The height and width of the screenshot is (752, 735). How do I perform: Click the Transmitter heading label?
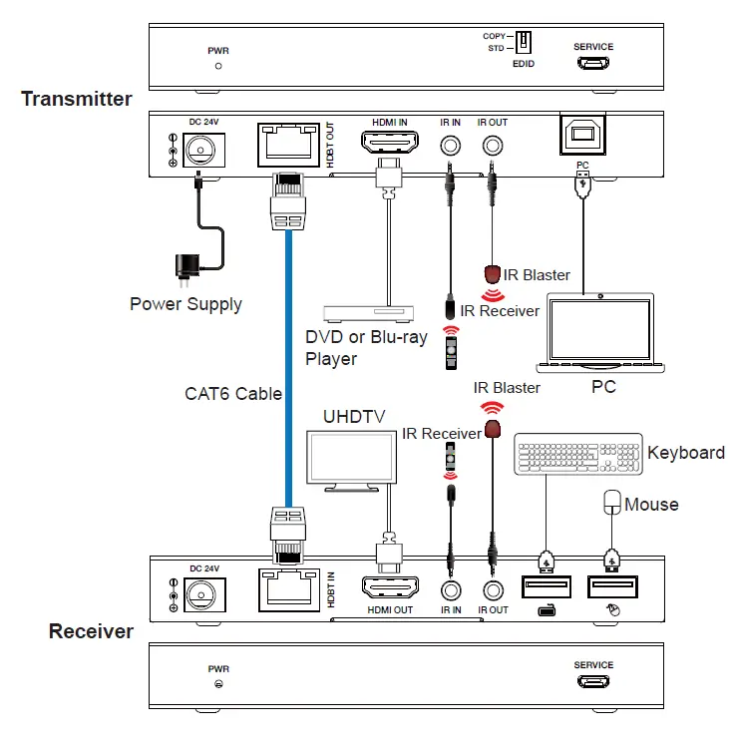pyautogui.click(x=76, y=99)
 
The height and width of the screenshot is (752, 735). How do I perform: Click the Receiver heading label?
pyautogui.click(x=91, y=631)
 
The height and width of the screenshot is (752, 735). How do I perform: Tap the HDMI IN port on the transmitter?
pyautogui.click(x=389, y=145)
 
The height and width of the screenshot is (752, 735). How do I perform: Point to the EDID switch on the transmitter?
pyautogui.click(x=523, y=42)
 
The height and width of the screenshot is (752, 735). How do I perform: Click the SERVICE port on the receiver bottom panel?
pyautogui.click(x=593, y=683)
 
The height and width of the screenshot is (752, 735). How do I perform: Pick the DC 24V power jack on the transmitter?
pyautogui.click(x=202, y=149)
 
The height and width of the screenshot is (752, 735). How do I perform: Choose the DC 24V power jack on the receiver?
pyautogui.click(x=202, y=592)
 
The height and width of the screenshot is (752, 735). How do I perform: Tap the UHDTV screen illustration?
pyautogui.click(x=349, y=458)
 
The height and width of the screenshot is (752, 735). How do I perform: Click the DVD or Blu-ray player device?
pyautogui.click(x=367, y=313)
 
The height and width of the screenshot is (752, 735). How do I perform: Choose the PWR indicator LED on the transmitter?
pyautogui.click(x=218, y=66)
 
